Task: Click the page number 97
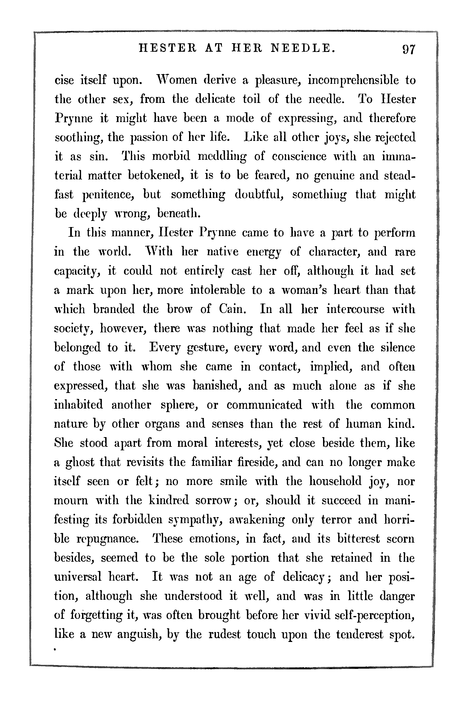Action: pos(408,49)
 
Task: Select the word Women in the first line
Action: pos(176,80)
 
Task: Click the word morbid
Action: pos(171,156)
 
